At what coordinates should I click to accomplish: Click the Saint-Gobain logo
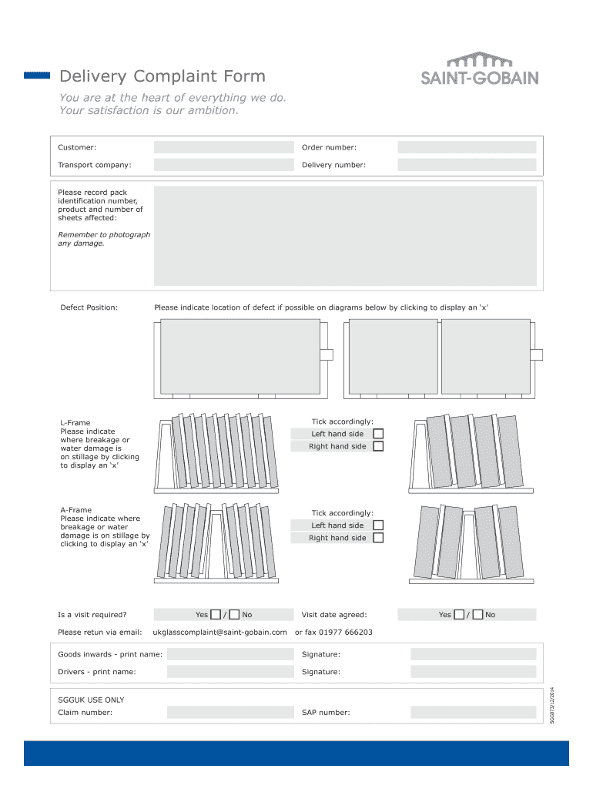pyautogui.click(x=478, y=69)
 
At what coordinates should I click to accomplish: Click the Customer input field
pyautogui.click(x=224, y=147)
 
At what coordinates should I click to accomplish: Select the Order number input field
pyautogui.click(x=467, y=147)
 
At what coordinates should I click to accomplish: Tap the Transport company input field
pyautogui.click(x=224, y=165)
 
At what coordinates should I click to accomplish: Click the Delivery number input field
pyautogui.click(x=467, y=165)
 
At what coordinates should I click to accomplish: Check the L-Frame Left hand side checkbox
pyautogui.click(x=378, y=434)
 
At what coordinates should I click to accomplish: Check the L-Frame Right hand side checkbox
pyautogui.click(x=378, y=446)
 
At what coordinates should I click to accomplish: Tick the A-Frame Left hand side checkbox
pyautogui.click(x=378, y=525)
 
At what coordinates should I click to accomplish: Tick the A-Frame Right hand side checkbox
pyautogui.click(x=378, y=538)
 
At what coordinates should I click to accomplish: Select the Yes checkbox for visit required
pyautogui.click(x=216, y=614)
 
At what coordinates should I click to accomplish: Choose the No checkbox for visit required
pyautogui.click(x=234, y=614)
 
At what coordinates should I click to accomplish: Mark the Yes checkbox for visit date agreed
pyautogui.click(x=459, y=614)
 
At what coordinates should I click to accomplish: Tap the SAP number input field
pyautogui.click(x=473, y=712)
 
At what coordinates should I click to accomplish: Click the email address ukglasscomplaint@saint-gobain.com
pyautogui.click(x=220, y=632)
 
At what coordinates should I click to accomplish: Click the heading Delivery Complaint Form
pyautogui.click(x=162, y=76)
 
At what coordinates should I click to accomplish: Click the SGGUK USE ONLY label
pyautogui.click(x=91, y=700)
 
